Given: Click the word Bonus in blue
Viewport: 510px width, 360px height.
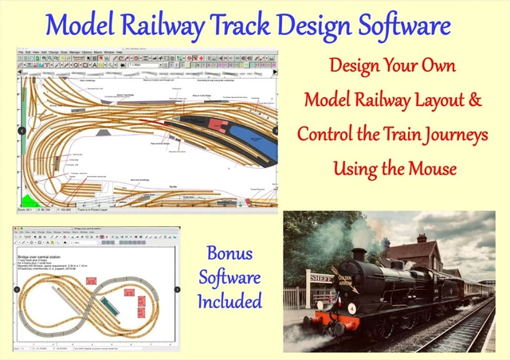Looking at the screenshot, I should [229, 255].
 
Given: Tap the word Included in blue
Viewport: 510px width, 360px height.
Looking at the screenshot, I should [229, 301].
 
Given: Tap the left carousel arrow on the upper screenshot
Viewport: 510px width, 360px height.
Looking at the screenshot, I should [22, 131].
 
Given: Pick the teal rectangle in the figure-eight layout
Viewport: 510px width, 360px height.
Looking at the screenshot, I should [115, 303].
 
